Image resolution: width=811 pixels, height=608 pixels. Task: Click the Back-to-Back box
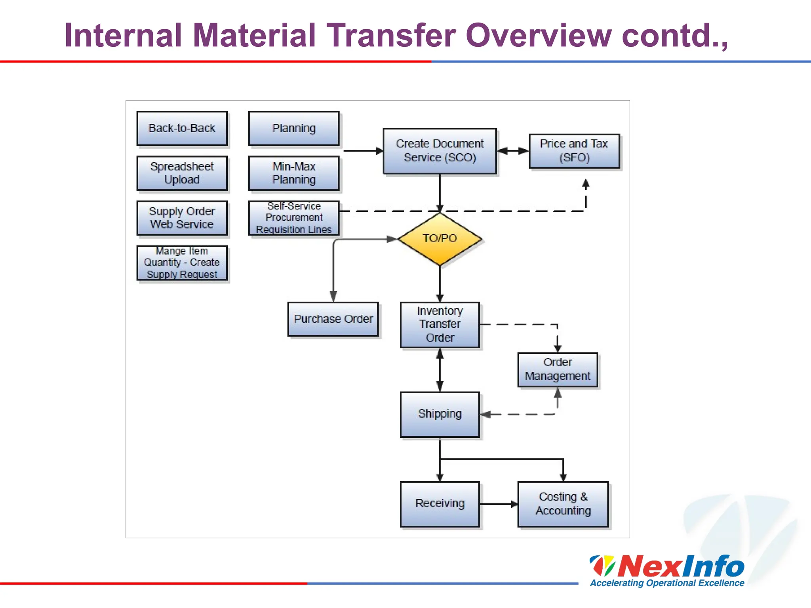182,129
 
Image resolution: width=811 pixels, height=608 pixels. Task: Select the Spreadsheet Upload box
182,173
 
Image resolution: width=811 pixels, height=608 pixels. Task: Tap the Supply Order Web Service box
182,218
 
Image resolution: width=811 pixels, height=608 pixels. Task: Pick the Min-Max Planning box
294,173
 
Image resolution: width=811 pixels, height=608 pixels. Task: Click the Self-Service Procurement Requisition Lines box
294,218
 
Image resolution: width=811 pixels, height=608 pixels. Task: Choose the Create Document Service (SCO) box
440,151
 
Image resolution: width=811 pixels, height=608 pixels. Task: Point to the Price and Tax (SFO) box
574,151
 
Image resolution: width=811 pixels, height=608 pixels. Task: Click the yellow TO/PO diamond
440,239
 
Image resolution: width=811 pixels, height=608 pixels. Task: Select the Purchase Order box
333,319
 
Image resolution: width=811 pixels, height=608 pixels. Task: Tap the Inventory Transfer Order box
440,325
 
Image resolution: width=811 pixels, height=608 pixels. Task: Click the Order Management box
558,369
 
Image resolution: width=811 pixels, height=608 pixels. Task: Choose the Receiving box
440,504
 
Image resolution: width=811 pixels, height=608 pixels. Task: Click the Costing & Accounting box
563,504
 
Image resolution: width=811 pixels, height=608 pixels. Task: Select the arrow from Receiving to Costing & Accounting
498,504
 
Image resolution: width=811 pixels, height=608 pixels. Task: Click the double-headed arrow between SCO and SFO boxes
513,151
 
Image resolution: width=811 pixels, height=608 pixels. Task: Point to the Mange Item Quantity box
182,263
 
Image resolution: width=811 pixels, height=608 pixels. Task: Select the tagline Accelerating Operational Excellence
667,583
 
